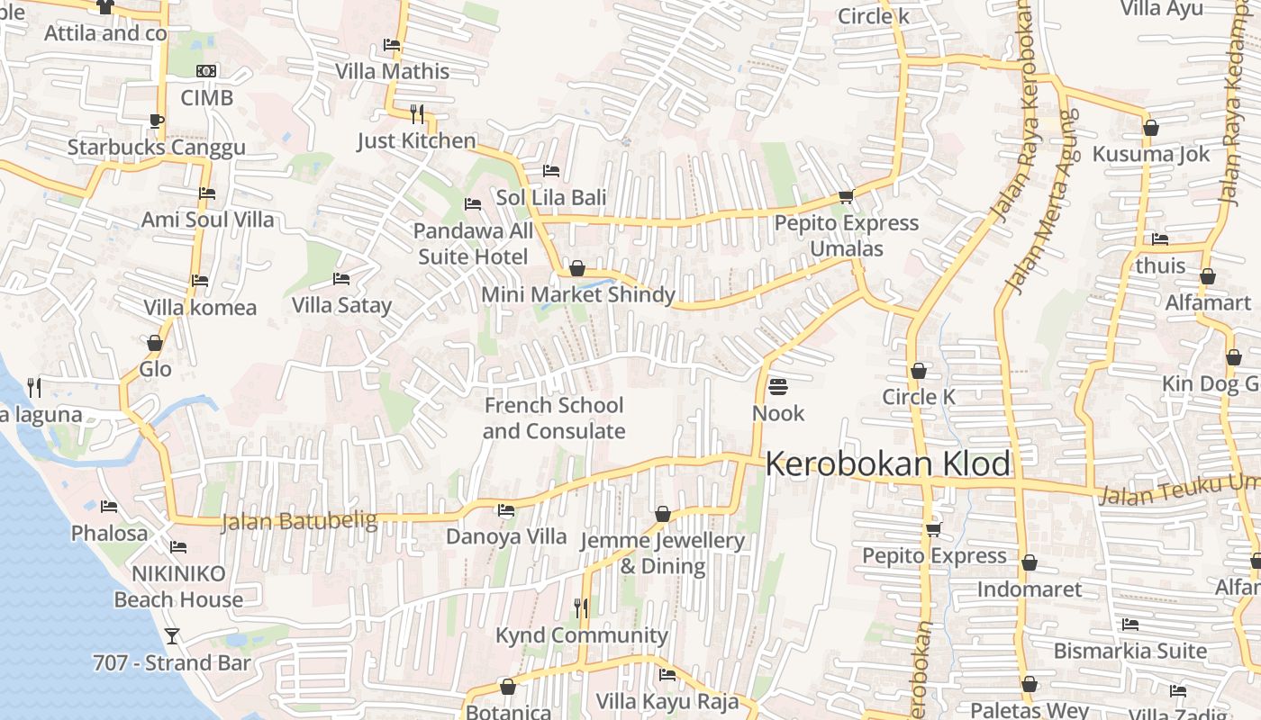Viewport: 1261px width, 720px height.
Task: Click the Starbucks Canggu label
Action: [156, 148]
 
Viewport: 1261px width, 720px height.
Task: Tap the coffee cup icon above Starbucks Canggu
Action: [157, 121]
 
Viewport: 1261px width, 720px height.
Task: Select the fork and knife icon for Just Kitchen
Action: [416, 113]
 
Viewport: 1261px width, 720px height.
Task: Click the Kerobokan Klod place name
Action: [887, 464]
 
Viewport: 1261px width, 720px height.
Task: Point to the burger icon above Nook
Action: [778, 387]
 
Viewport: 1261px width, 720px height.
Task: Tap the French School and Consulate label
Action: [554, 418]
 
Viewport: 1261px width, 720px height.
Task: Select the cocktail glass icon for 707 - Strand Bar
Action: [171, 636]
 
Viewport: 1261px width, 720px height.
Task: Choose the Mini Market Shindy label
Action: [577, 294]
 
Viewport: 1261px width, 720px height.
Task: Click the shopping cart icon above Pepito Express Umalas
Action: [846, 196]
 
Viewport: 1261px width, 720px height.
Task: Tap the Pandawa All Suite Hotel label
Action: [473, 244]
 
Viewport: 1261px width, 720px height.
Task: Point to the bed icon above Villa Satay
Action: [340, 279]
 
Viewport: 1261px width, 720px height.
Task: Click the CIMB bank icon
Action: [206, 71]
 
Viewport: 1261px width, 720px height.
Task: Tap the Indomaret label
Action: [1030, 589]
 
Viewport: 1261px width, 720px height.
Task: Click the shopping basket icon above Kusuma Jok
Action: [1150, 128]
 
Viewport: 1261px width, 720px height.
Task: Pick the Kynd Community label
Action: [581, 635]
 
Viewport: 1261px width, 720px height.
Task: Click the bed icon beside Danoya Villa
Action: [506, 510]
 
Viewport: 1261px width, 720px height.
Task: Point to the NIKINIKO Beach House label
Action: [178, 586]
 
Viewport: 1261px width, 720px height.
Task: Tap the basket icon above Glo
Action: [155, 343]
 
